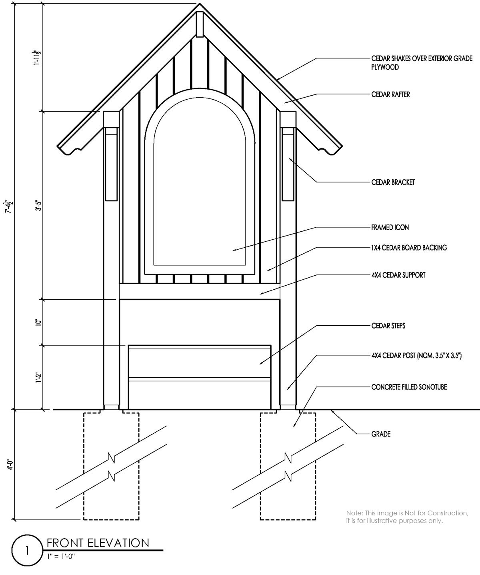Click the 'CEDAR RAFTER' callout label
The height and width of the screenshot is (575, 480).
point(390,95)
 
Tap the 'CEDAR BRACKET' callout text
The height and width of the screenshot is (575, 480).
point(393,182)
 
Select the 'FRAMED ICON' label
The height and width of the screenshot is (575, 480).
point(390,228)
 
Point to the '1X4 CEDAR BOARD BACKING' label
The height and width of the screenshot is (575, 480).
point(409,248)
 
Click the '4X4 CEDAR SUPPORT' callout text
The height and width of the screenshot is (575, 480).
point(398,275)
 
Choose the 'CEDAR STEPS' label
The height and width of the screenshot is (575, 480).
point(388,326)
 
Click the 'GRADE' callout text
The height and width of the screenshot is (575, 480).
point(380,434)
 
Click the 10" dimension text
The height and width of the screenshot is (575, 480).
point(38,323)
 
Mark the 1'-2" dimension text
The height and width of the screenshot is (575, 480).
point(38,377)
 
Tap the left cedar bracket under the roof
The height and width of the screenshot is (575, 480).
point(111,164)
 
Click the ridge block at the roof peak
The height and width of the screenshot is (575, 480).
point(200,24)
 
